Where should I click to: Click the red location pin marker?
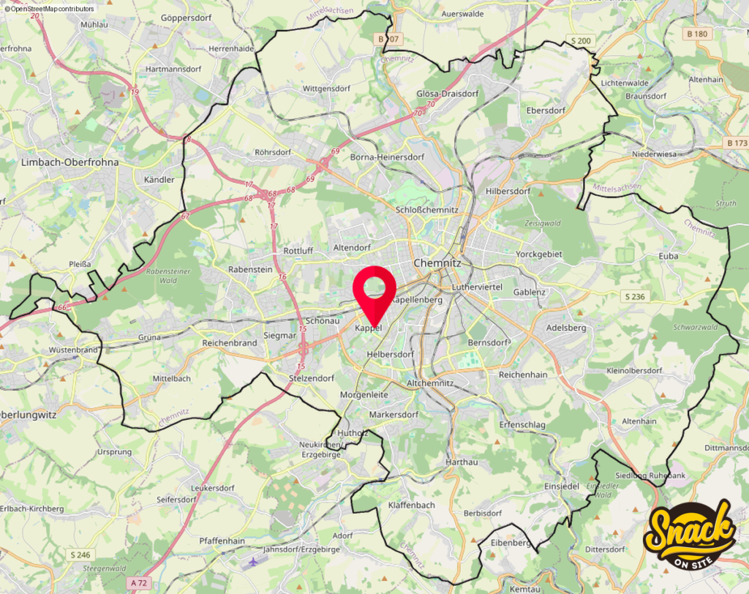click(374, 290)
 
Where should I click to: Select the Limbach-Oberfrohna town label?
click(69, 162)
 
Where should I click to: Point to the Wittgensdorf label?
click(326, 89)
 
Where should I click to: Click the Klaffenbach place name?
click(412, 505)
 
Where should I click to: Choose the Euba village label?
click(668, 256)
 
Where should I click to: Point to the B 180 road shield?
click(698, 34)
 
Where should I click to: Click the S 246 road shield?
click(80, 554)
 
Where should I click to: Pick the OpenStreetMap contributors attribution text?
click(50, 8)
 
